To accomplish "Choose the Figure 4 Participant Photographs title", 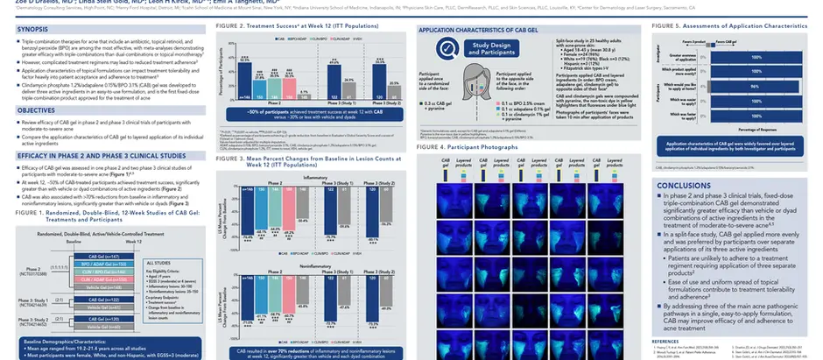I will (x=469, y=146).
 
